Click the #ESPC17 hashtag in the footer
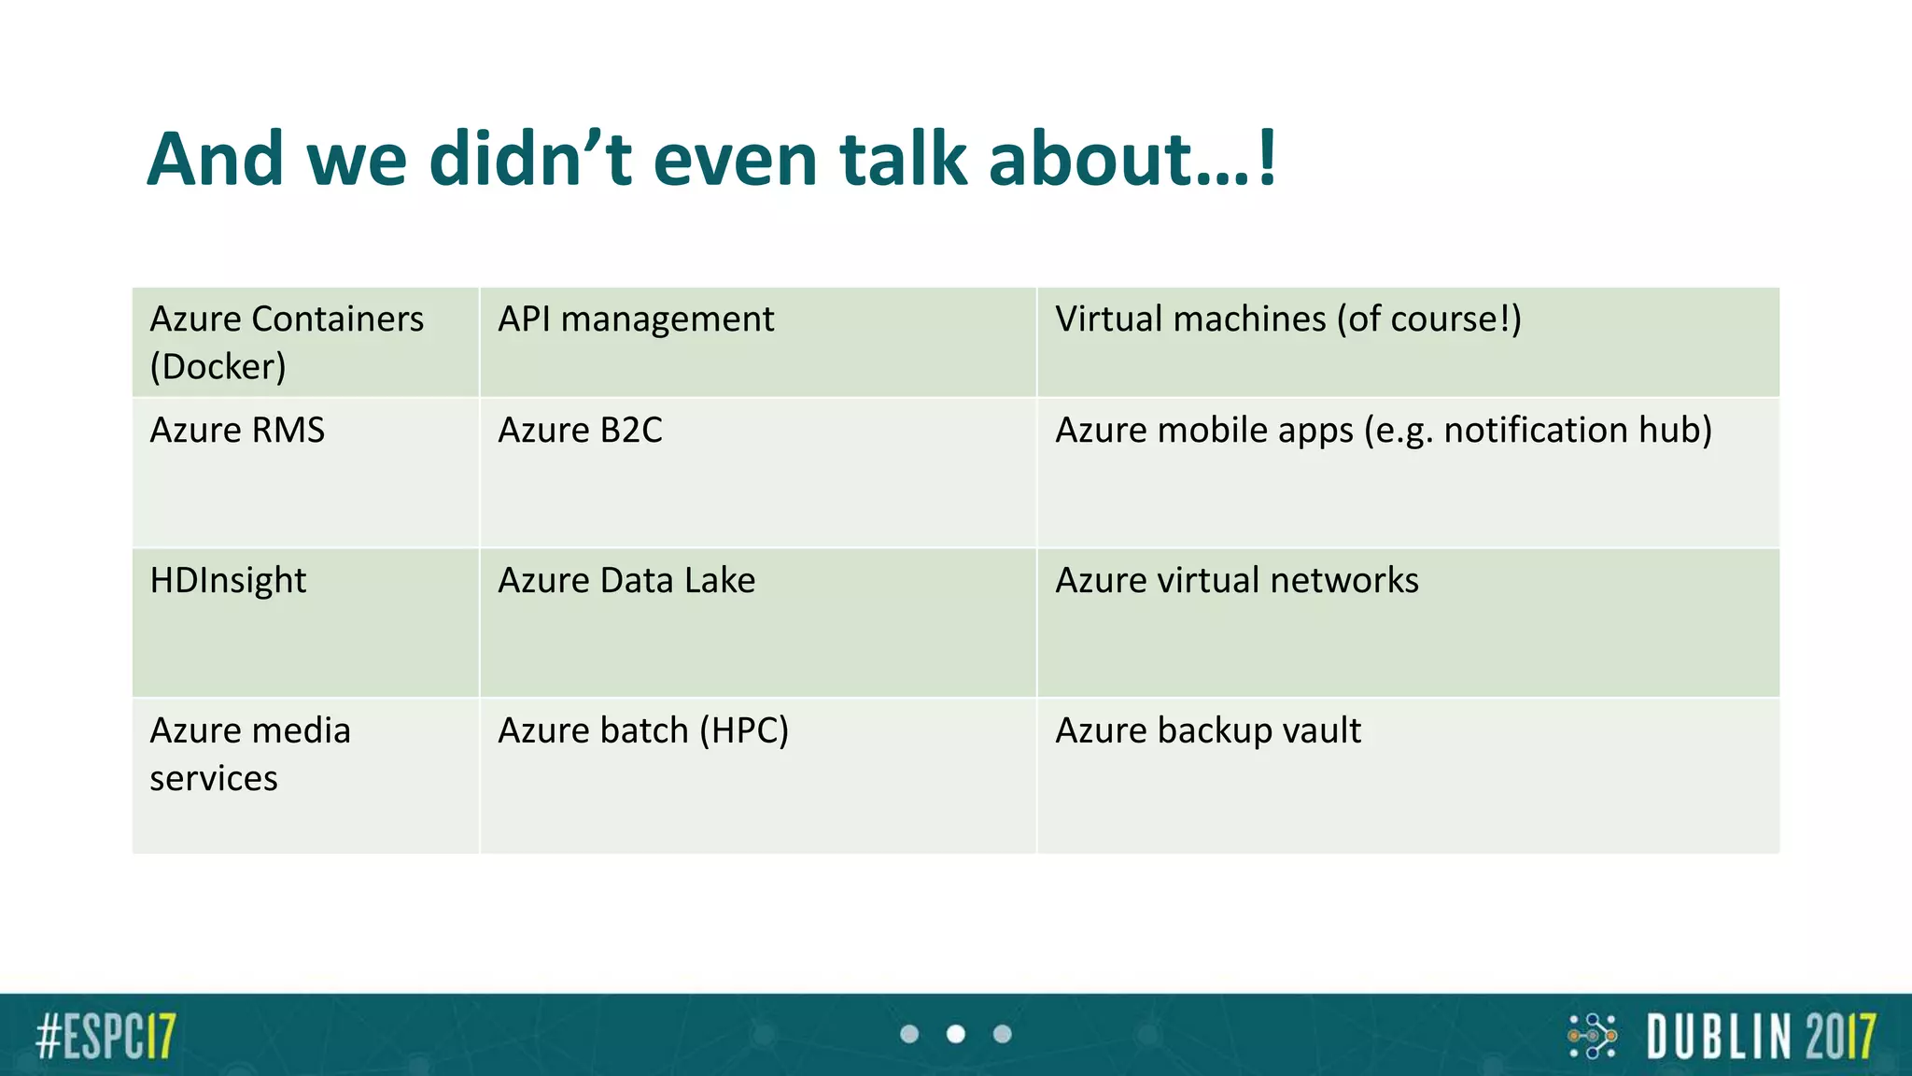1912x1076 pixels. (x=105, y=1036)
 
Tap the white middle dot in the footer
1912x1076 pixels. (x=956, y=1034)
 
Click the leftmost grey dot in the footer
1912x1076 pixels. (x=909, y=1034)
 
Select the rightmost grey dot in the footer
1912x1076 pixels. (x=1003, y=1034)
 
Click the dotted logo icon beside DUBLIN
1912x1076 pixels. (x=1592, y=1036)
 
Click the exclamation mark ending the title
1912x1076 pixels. (x=1267, y=159)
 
